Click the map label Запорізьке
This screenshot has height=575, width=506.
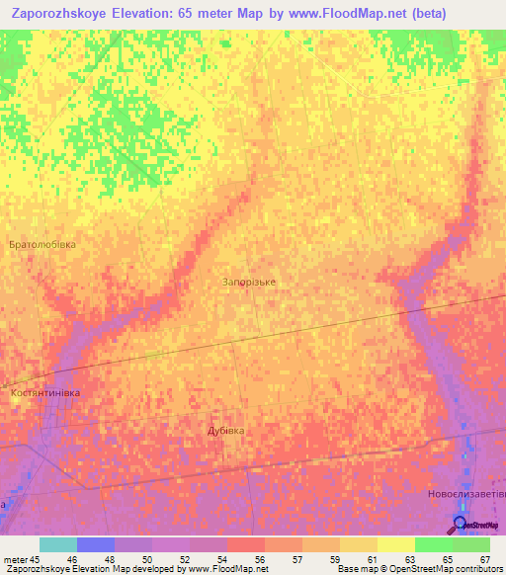click(x=248, y=282)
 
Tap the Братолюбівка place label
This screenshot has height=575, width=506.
click(x=42, y=244)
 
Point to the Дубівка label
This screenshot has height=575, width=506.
click(x=225, y=431)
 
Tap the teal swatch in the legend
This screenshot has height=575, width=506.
click(x=58, y=544)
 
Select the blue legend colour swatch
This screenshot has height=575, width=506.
click(x=96, y=544)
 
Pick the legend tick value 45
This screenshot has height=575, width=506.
click(x=34, y=558)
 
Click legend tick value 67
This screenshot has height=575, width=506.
click(x=485, y=558)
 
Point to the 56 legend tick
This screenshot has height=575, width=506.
click(x=259, y=558)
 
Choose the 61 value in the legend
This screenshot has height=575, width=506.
click(x=372, y=558)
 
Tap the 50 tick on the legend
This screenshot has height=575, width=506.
click(x=146, y=558)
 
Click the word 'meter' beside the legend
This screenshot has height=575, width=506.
click(x=14, y=558)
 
